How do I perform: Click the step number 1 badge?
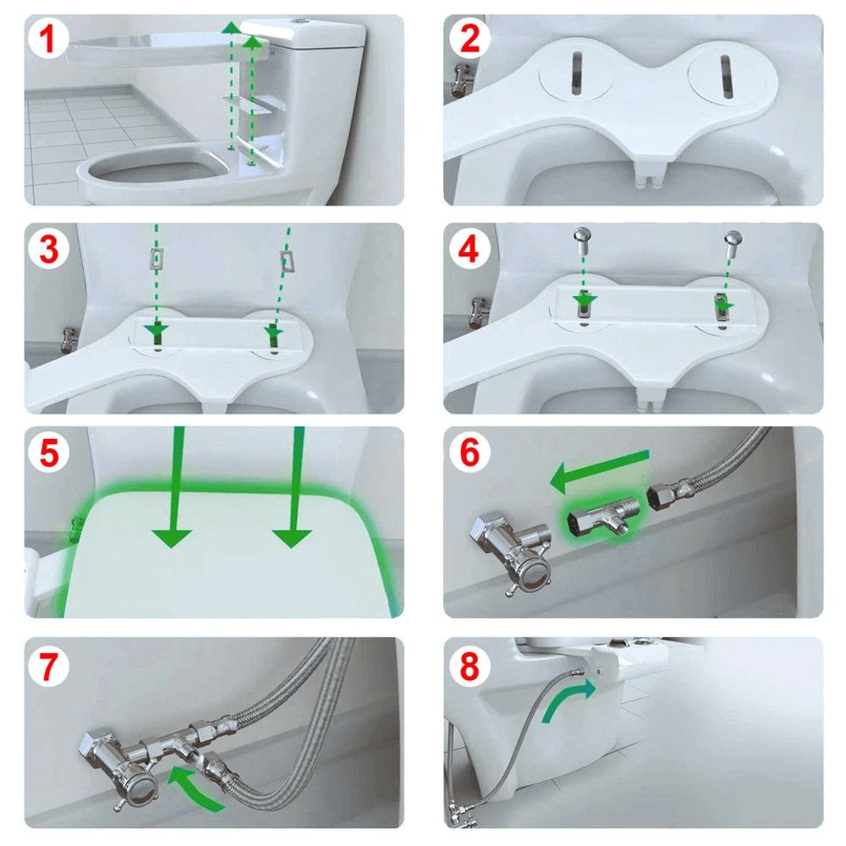click(x=49, y=39)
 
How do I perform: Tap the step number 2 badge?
click(x=469, y=39)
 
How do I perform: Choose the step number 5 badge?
click(x=49, y=453)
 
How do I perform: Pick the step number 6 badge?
click(x=469, y=453)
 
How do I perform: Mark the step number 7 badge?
click(x=49, y=667)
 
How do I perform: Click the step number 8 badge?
click(x=469, y=667)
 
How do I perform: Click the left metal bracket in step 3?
click(x=156, y=258)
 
